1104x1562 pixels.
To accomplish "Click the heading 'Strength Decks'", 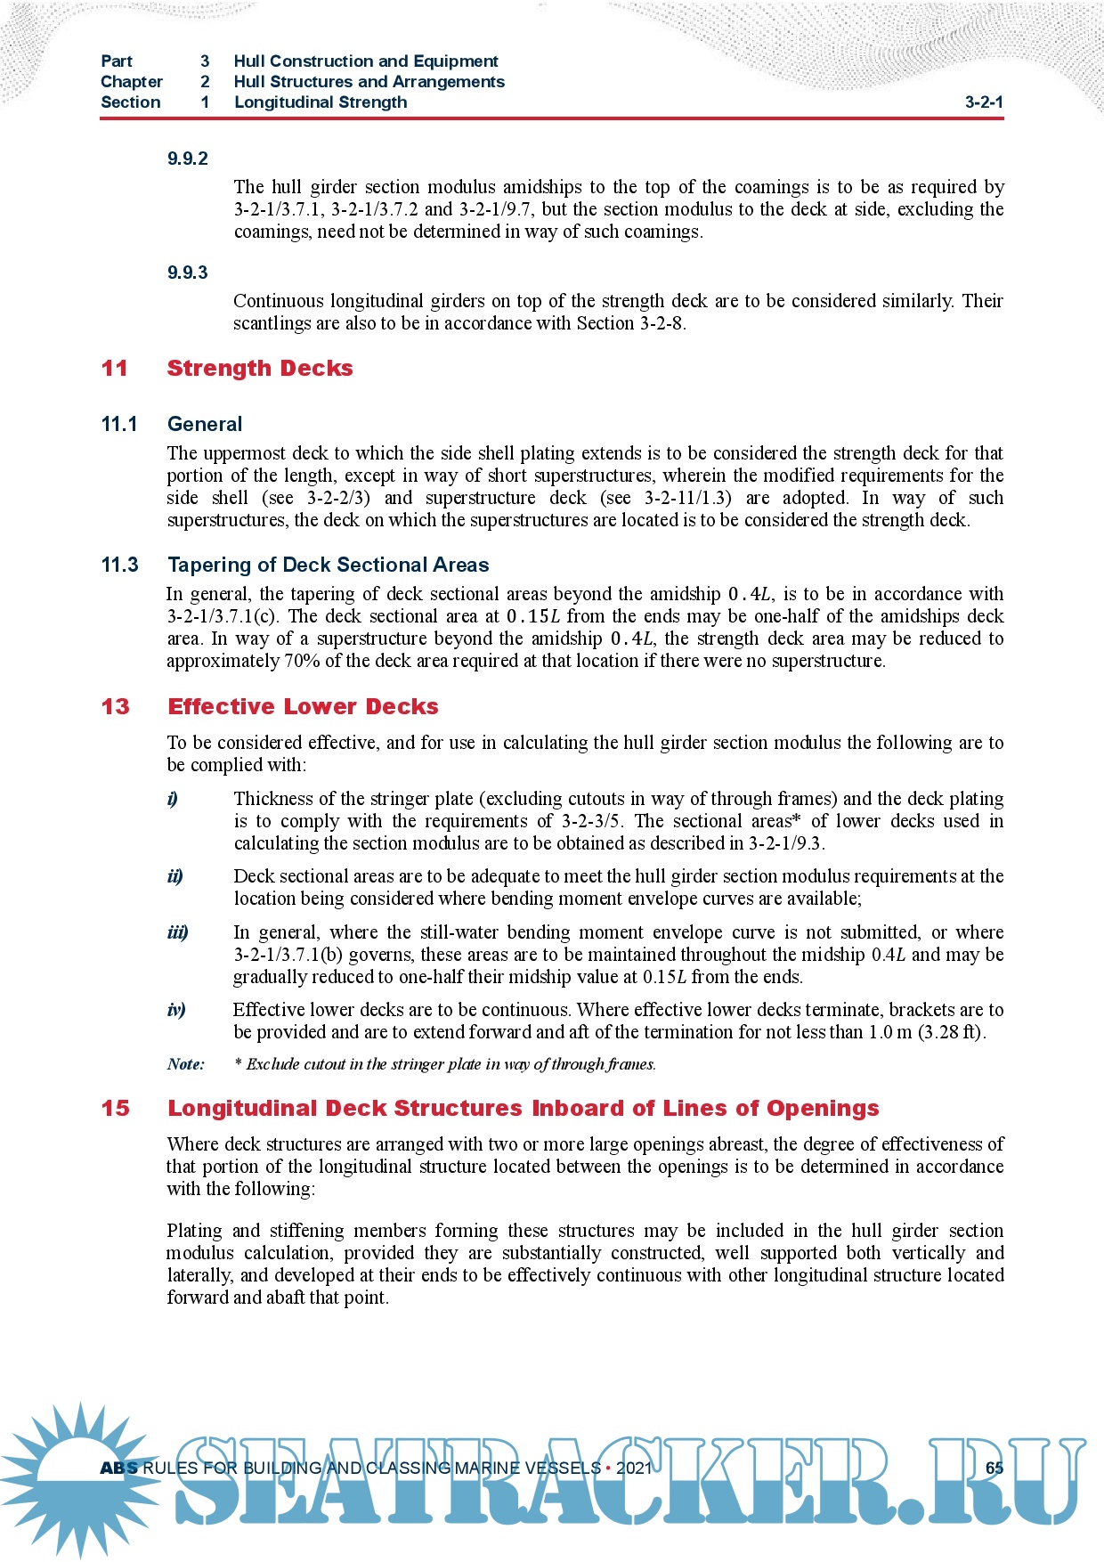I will pos(259,368).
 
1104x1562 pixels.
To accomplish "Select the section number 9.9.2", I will pos(187,159).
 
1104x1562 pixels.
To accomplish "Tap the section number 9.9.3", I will pos(187,273).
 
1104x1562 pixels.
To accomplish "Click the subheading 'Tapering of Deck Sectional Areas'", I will pos(328,565).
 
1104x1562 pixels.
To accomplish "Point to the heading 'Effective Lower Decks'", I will pos(303,706).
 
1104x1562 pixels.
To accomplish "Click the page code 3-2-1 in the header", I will pos(984,102).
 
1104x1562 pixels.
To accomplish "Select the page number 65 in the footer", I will pos(994,1468).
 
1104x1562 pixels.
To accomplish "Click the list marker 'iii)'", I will pos(177,932).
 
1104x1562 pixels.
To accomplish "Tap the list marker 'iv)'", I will pos(176,1010).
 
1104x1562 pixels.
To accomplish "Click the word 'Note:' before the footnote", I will pos(185,1064).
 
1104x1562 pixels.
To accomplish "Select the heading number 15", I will pos(115,1108).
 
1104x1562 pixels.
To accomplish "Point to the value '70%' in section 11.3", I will pos(302,661).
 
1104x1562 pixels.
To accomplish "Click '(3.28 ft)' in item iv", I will pos(951,1032).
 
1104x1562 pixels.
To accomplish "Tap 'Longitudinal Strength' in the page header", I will pos(321,102).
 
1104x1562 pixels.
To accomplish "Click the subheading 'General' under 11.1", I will pos(205,424).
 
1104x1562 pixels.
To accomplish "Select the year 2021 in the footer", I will pos(633,1468).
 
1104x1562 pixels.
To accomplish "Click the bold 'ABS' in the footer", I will pos(118,1468).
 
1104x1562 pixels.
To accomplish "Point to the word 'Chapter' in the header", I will pos(132,81).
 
